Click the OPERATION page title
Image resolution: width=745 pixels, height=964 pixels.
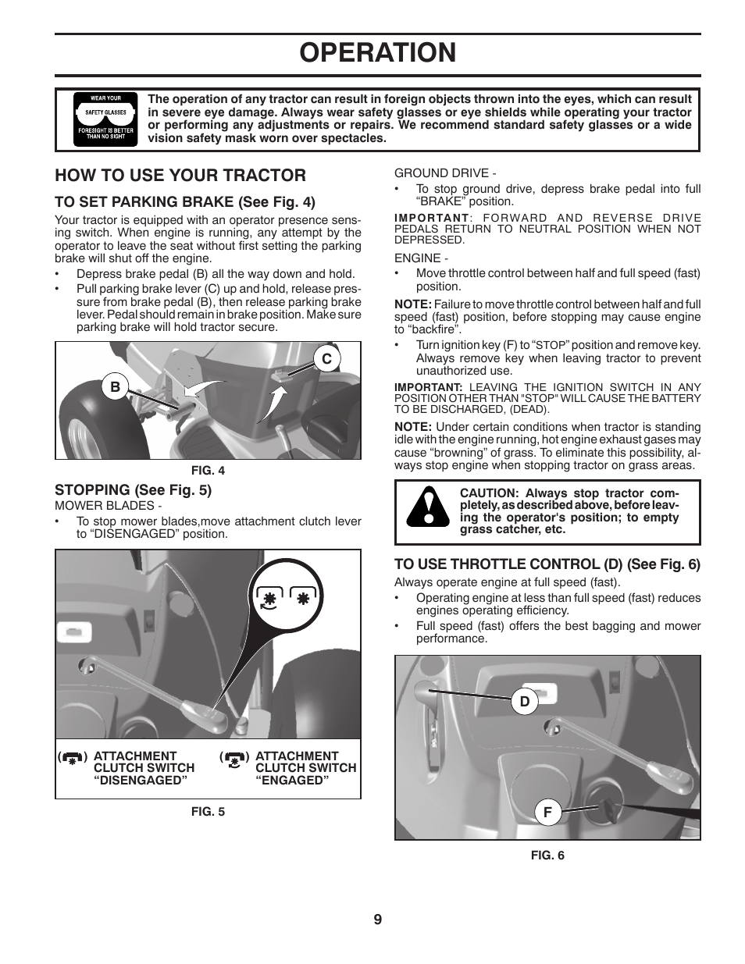coord(377,52)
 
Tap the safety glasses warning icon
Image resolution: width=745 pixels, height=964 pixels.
coord(105,119)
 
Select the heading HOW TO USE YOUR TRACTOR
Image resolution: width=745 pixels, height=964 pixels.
coord(180,175)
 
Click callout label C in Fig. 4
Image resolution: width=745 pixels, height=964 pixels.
coord(327,358)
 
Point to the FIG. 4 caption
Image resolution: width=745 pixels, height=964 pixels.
coord(208,470)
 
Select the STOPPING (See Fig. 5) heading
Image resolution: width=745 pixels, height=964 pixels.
coord(133,489)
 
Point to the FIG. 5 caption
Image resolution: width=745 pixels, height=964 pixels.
coord(208,812)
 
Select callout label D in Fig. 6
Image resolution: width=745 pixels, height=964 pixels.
coord(525,702)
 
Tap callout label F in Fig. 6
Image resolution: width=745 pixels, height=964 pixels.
coord(547,813)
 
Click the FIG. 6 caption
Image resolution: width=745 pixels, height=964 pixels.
coord(547,855)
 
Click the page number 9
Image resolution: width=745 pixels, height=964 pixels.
coord(377,920)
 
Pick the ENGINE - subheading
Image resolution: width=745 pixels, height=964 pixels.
coord(421,258)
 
